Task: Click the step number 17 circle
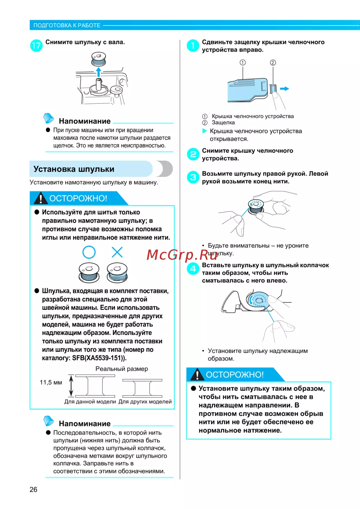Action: tap(36, 46)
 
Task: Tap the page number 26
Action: tap(33, 489)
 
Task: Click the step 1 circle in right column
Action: tap(193, 46)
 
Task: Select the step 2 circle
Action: tap(193, 155)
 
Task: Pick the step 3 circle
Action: tap(193, 177)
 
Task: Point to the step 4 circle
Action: tap(193, 269)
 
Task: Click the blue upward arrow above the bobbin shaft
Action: tap(98, 72)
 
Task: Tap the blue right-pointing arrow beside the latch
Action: tap(284, 89)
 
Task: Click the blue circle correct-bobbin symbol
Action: tap(89, 252)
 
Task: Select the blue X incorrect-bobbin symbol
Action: tap(117, 252)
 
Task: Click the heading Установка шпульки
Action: tap(74, 169)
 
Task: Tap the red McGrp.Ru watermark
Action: tap(182, 255)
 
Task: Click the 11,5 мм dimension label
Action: tap(51, 382)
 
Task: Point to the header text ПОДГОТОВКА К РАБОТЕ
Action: tap(67, 25)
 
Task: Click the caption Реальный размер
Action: tap(122, 369)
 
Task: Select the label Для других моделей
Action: tap(145, 402)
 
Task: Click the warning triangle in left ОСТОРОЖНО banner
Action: tap(40, 198)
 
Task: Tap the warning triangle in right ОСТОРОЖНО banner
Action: tap(197, 375)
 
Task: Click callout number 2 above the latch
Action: tap(273, 63)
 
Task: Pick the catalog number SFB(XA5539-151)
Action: tap(99, 358)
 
